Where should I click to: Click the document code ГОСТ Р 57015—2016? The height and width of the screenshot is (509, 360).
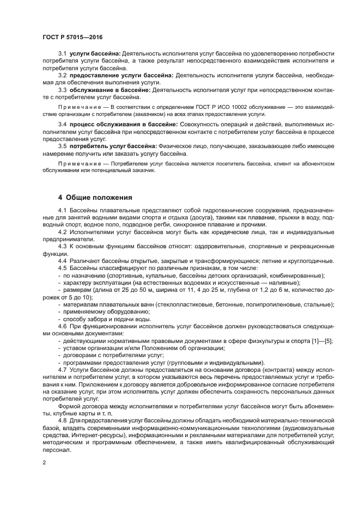point(72,36)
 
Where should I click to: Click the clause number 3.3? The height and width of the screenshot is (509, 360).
point(62,89)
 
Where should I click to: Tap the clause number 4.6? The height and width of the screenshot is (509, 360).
point(62,325)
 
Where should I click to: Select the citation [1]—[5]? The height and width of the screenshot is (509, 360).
point(324,340)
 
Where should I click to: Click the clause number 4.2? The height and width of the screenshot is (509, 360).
point(62,231)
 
